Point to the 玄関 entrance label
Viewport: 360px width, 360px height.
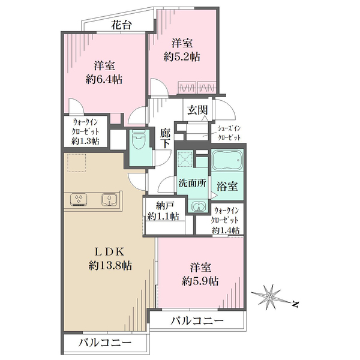tap(196, 109)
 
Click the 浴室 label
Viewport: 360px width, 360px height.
tap(228, 187)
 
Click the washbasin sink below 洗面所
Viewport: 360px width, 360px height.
tap(197, 206)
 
